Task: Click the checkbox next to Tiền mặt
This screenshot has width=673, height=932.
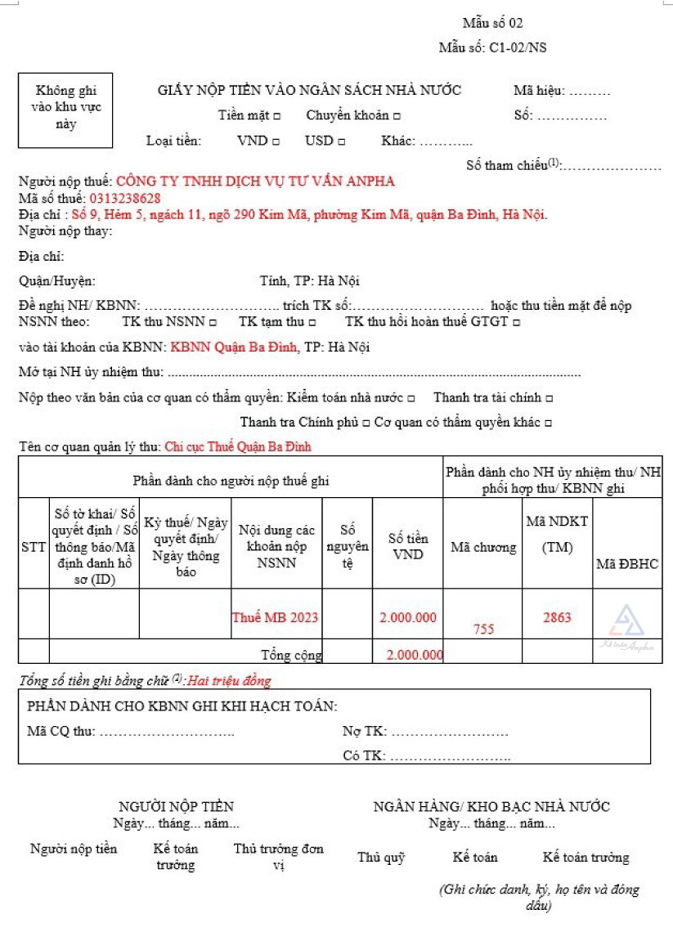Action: pyautogui.click(x=277, y=116)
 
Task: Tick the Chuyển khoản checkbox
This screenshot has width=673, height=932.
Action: pyautogui.click(x=397, y=116)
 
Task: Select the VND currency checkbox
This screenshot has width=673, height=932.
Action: pyautogui.click(x=276, y=141)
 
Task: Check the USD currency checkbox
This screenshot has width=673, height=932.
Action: pyautogui.click(x=341, y=141)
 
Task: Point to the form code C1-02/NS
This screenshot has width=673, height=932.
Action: pyautogui.click(x=518, y=47)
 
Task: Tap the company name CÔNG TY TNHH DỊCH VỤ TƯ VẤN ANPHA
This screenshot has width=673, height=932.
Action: pyautogui.click(x=255, y=181)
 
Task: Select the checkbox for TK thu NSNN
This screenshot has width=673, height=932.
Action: pyautogui.click(x=213, y=322)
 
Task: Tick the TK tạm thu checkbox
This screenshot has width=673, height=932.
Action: pyautogui.click(x=312, y=322)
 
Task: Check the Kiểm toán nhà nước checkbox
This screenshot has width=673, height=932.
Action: pyautogui.click(x=411, y=398)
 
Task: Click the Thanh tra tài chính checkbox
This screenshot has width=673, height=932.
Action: pyautogui.click(x=549, y=398)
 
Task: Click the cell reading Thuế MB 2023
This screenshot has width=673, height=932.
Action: pyautogui.click(x=275, y=617)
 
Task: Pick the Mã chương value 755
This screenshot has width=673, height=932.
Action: pyautogui.click(x=483, y=629)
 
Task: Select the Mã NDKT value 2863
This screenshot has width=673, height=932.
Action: pyautogui.click(x=557, y=617)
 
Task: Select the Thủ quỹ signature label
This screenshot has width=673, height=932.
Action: pyautogui.click(x=381, y=858)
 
